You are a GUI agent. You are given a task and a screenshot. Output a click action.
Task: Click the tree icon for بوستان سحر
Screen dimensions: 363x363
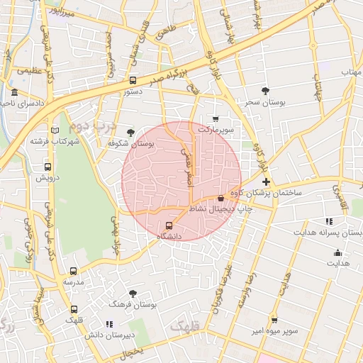tap(265, 91)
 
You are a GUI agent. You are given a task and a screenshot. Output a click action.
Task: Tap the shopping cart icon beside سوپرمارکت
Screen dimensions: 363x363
tap(216, 118)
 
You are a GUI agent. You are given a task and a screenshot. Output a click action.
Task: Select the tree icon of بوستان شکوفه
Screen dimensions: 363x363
tap(130, 132)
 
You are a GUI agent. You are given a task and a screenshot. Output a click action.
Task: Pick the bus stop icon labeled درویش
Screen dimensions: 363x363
tap(47, 167)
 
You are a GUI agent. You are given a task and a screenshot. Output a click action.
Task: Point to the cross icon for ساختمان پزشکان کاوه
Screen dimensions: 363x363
tap(265, 182)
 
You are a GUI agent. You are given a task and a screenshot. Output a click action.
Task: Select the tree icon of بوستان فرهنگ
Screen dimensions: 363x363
tap(133, 293)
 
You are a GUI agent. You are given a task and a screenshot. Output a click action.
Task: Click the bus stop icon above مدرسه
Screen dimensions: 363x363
tap(74, 271)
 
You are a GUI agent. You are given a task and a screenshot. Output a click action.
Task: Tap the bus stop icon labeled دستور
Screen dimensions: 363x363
tap(133, 80)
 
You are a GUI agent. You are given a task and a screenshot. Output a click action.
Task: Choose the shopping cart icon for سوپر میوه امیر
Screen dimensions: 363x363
tap(274, 320)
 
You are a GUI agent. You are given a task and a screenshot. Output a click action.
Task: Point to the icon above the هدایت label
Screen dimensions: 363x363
tap(338, 252)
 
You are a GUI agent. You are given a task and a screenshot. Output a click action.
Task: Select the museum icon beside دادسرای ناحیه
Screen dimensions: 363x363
tap(14, 93)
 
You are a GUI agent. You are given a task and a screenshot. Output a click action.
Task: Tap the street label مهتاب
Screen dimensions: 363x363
tap(351, 72)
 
